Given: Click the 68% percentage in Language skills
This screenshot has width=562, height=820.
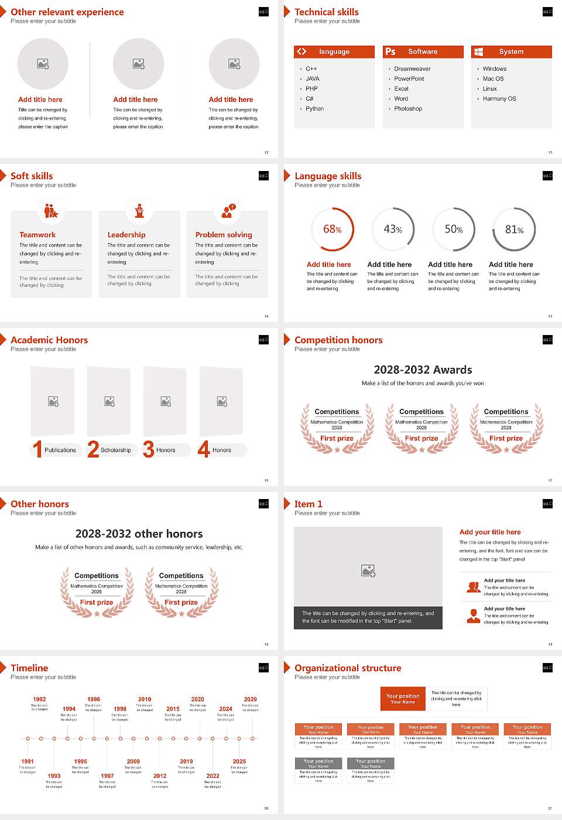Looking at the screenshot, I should point(332,230).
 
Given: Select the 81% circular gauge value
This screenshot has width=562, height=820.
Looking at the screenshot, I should point(514,230).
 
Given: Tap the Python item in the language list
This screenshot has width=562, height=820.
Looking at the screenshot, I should point(314,109).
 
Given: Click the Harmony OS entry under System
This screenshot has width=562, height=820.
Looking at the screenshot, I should point(499,99).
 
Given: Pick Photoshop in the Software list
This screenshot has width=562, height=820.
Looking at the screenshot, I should point(408,109).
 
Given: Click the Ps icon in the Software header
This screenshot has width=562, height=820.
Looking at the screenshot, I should point(390,52).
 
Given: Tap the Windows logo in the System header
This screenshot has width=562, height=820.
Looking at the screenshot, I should point(478,52).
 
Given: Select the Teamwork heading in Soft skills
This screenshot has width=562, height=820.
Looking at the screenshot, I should point(37,235).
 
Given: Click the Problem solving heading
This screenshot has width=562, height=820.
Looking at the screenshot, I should point(224,235).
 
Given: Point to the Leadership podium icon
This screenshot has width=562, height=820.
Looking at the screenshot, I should point(139,210).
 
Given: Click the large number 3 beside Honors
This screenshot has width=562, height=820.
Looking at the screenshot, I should point(149,449).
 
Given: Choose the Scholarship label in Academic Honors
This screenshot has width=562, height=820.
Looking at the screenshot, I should point(115,450).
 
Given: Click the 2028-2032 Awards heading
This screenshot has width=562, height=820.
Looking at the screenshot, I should point(423,370).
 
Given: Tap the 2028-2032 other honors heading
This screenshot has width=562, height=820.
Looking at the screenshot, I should point(139,534).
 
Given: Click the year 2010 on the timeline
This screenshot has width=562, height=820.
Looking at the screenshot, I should point(145,699).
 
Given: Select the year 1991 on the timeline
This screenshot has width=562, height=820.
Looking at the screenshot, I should point(28,761).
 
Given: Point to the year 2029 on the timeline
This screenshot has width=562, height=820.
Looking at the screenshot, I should point(250,699).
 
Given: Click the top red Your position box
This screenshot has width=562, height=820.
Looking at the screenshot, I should point(403,699).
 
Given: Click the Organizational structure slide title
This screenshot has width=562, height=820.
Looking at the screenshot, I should point(348,668).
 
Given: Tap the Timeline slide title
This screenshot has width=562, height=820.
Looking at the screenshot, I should point(29,668).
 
